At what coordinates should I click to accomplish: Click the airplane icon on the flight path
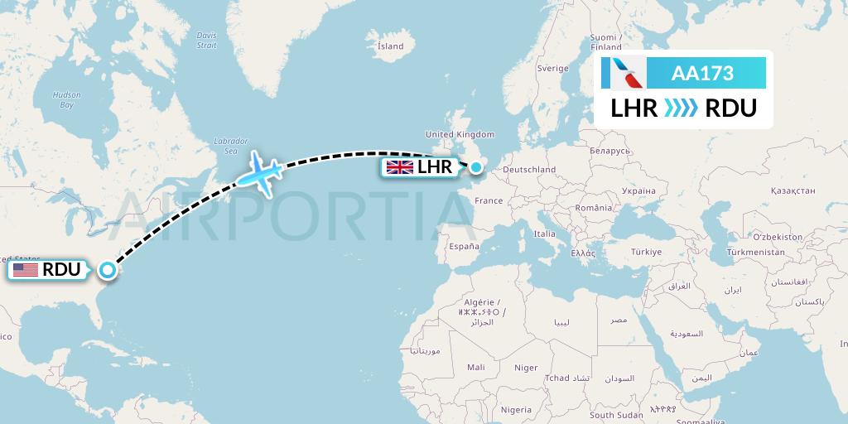coord(260,172)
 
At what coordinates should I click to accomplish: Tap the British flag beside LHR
coord(400,167)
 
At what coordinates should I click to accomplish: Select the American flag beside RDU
coord(26,269)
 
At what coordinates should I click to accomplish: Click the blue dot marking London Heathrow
coord(476,167)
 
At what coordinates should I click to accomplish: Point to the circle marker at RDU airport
coord(107,269)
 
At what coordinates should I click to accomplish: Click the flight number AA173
coord(702,74)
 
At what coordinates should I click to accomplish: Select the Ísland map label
coord(390,46)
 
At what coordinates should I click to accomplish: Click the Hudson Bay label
coord(66,100)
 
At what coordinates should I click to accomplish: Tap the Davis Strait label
coord(206,40)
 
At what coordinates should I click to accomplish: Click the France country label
coord(489,200)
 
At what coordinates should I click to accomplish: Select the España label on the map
coord(464,246)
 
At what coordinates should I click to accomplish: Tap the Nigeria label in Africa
coord(516,409)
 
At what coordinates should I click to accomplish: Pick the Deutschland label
coord(529,170)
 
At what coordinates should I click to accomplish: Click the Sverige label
coord(552,69)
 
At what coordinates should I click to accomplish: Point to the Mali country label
coord(475,367)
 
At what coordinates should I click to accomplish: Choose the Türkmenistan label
coord(755,252)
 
